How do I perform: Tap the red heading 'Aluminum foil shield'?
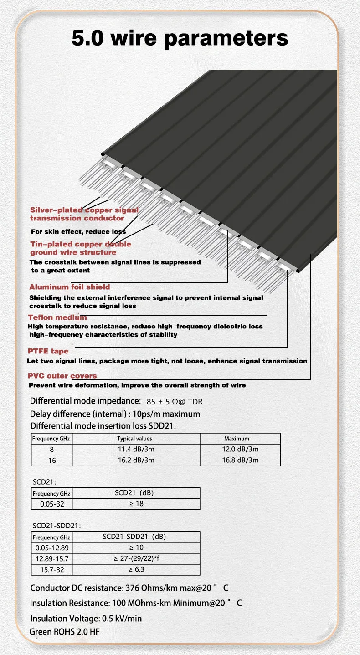click(x=70, y=287)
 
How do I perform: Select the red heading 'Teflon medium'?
click(x=57, y=317)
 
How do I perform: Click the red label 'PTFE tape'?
click(x=48, y=351)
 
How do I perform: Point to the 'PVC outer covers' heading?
click(x=62, y=376)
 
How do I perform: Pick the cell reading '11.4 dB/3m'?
click(x=135, y=449)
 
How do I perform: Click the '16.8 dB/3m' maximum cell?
click(x=240, y=460)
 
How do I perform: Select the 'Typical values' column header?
click(x=135, y=439)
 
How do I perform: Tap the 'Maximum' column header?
click(x=237, y=439)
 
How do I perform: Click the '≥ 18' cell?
click(x=136, y=504)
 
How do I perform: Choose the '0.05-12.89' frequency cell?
click(x=52, y=548)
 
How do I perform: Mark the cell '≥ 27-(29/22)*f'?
click(x=136, y=558)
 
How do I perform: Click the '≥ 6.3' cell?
click(x=136, y=569)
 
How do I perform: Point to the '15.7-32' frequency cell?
click(x=52, y=569)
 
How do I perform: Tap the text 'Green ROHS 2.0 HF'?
click(x=64, y=632)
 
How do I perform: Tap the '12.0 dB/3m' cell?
click(x=240, y=449)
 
